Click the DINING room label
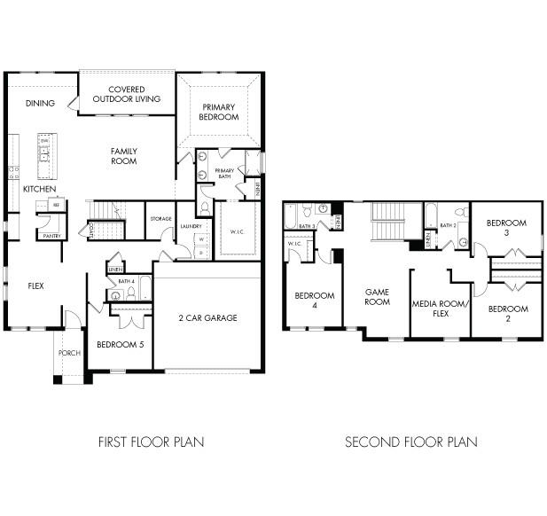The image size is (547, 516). point(40,104)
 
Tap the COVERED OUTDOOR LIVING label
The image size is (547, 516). point(133,94)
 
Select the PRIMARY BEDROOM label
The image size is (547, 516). point(219,112)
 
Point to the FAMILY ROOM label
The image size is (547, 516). point(123,156)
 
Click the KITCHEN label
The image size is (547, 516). point(40,189)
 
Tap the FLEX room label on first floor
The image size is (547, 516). point(35,286)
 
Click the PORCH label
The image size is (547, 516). point(70,353)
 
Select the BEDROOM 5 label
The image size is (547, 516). point(120,343)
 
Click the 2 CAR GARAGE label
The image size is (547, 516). point(207,317)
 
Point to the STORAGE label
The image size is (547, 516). point(160,219)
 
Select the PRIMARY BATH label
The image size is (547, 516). point(224,173)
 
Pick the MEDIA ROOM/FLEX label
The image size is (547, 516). point(440,308)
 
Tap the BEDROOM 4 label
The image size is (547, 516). point(313,300)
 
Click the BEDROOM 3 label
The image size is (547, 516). point(507,228)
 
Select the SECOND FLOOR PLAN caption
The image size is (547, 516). point(411,442)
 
